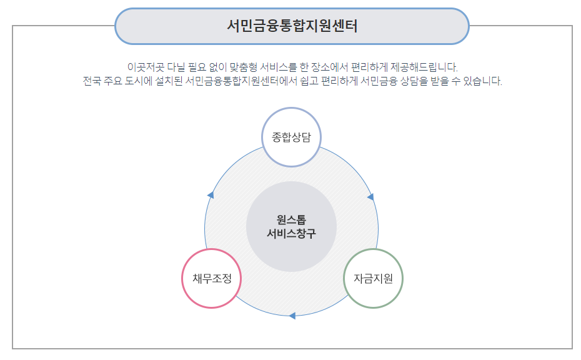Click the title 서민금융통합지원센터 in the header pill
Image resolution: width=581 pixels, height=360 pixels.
pos(292,26)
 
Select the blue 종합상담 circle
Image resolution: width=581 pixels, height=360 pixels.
pos(291,137)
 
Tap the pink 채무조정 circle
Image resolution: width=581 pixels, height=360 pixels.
pos(212,279)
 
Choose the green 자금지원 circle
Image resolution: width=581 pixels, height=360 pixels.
pos(374,279)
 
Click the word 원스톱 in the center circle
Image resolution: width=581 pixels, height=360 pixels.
pos(291,220)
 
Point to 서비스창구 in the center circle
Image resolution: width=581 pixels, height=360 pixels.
pos(291,234)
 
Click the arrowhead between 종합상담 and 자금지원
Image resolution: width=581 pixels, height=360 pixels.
pos(370,197)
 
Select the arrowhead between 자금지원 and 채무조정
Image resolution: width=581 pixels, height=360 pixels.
pos(292,316)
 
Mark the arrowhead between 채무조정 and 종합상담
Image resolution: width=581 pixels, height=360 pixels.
pos(211,196)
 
